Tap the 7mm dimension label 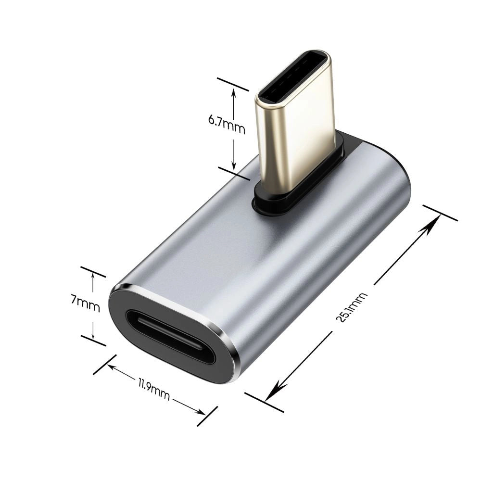85,304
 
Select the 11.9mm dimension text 153,390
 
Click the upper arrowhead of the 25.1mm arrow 435,219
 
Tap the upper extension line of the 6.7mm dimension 233,84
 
